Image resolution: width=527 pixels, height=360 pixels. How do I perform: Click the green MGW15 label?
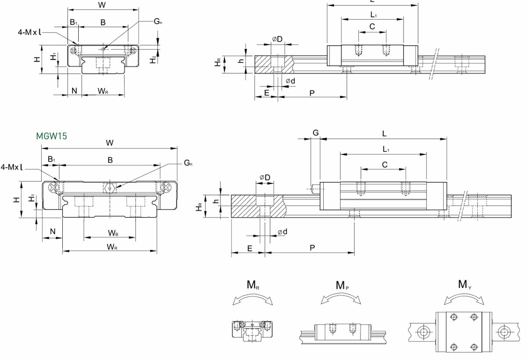tap(51, 136)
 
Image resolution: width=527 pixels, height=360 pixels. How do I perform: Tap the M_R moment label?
tap(253, 285)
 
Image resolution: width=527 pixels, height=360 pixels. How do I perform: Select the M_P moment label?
tap(343, 285)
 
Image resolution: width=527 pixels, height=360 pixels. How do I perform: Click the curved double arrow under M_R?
tap(253, 299)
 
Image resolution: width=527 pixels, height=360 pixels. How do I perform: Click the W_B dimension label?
tap(113, 232)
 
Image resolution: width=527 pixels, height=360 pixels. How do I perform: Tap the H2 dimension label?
tap(152, 59)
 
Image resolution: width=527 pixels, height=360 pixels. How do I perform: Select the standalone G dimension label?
tap(315, 133)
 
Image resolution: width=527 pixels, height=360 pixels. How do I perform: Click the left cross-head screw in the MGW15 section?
tap(54, 188)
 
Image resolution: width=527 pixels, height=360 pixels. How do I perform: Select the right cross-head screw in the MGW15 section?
tap(166, 188)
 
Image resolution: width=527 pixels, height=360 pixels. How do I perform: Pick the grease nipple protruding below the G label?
tap(315, 189)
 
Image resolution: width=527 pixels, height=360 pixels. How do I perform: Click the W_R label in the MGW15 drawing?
tap(112, 247)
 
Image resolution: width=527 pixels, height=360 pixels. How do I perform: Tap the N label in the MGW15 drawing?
tap(53, 231)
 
